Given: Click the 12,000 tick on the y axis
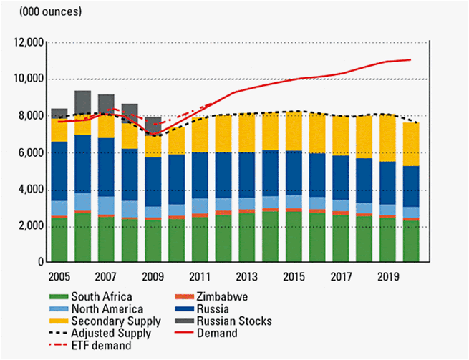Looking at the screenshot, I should pos(26,43).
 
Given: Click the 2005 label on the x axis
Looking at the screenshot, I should pos(59,275).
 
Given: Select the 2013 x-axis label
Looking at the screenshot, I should pos(248,275).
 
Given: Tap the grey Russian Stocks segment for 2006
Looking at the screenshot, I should pos(82,102).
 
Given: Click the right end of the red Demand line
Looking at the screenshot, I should pos(410,59).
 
